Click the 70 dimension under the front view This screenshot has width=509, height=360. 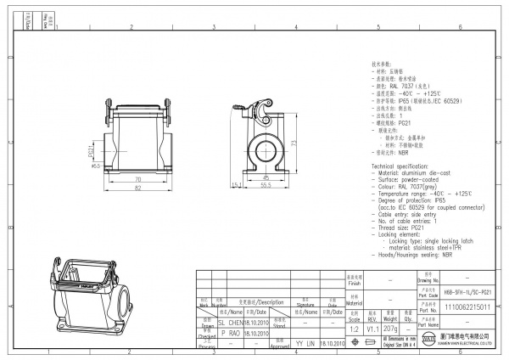(137, 180)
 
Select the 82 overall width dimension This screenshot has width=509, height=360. (137, 188)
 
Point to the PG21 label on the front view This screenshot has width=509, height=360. (92, 149)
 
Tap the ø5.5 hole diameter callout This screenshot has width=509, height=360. (96, 166)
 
